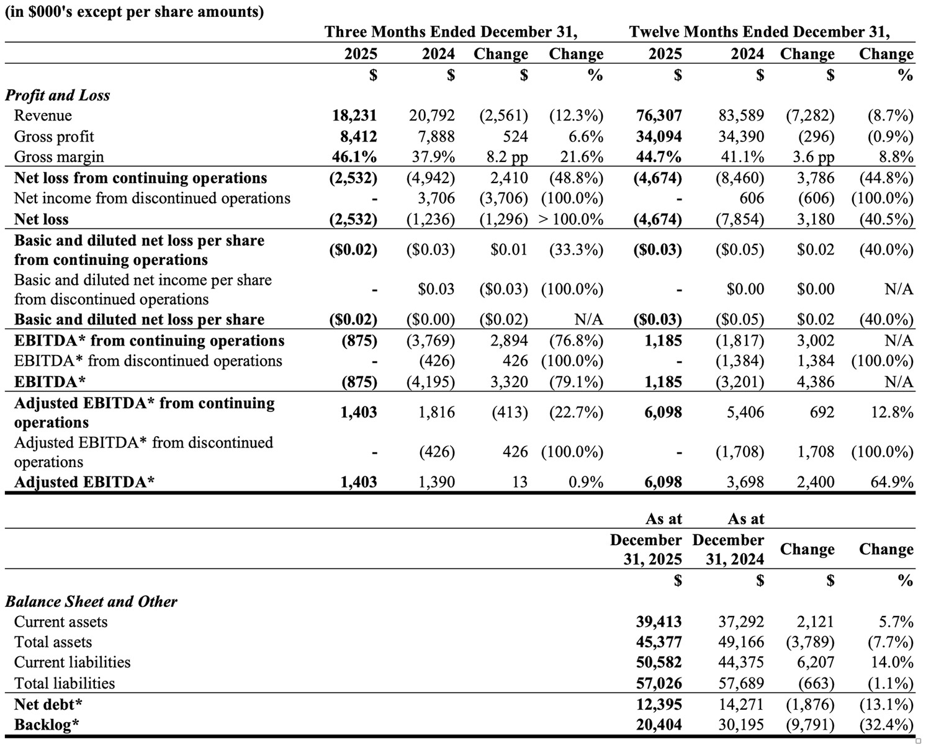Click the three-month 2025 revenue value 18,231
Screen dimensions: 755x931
click(x=354, y=115)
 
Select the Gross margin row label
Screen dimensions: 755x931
click(x=59, y=157)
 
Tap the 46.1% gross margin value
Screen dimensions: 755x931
click(x=354, y=157)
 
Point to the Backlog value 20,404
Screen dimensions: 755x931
click(x=659, y=725)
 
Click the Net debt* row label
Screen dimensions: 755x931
click(x=48, y=704)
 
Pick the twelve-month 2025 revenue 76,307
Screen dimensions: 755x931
click(x=659, y=115)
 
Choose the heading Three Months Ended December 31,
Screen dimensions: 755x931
click(x=451, y=32)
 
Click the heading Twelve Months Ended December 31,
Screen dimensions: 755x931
click(x=759, y=32)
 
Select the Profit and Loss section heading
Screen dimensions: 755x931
click(x=58, y=95)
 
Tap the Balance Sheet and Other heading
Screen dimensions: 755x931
click(x=91, y=601)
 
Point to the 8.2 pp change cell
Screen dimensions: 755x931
click(x=507, y=157)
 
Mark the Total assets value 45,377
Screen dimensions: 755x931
click(x=659, y=642)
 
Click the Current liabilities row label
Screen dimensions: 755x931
click(x=72, y=663)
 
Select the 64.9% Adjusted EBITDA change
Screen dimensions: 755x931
click(x=892, y=482)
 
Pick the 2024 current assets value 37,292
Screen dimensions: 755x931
click(x=741, y=622)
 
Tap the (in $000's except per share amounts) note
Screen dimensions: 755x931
click(x=134, y=11)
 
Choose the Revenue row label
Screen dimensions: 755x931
click(x=43, y=115)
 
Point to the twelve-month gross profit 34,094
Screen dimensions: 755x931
click(x=659, y=136)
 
